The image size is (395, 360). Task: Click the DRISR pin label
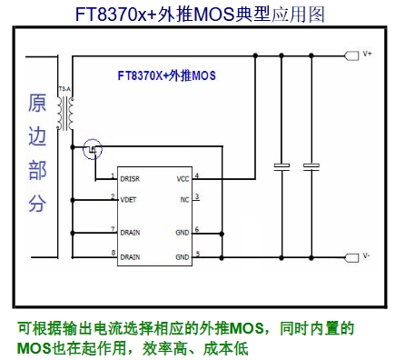click(x=130, y=179)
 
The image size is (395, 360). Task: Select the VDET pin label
click(x=128, y=200)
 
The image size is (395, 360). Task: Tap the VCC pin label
click(x=183, y=179)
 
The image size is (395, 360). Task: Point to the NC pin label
click(x=184, y=200)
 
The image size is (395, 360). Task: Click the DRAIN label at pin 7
click(x=130, y=233)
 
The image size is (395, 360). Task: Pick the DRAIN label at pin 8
click(x=130, y=257)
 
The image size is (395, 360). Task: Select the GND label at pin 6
click(x=183, y=233)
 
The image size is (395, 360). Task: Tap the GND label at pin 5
click(x=183, y=257)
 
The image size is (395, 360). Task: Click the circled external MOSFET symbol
click(x=93, y=149)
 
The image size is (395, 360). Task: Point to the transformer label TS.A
click(x=64, y=89)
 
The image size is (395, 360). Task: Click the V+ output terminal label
click(x=367, y=54)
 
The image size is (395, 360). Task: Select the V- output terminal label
click(x=366, y=256)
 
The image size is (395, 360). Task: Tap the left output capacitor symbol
click(x=281, y=166)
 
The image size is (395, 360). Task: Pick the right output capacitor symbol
click(x=311, y=166)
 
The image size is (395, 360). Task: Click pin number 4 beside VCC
click(x=197, y=175)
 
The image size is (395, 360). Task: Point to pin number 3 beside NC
click(x=197, y=196)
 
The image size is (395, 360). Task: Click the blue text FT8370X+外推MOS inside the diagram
click(x=166, y=75)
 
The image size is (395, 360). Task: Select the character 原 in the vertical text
click(x=37, y=103)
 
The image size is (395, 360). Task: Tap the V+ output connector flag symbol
click(x=351, y=55)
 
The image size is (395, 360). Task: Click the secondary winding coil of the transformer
click(x=71, y=114)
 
